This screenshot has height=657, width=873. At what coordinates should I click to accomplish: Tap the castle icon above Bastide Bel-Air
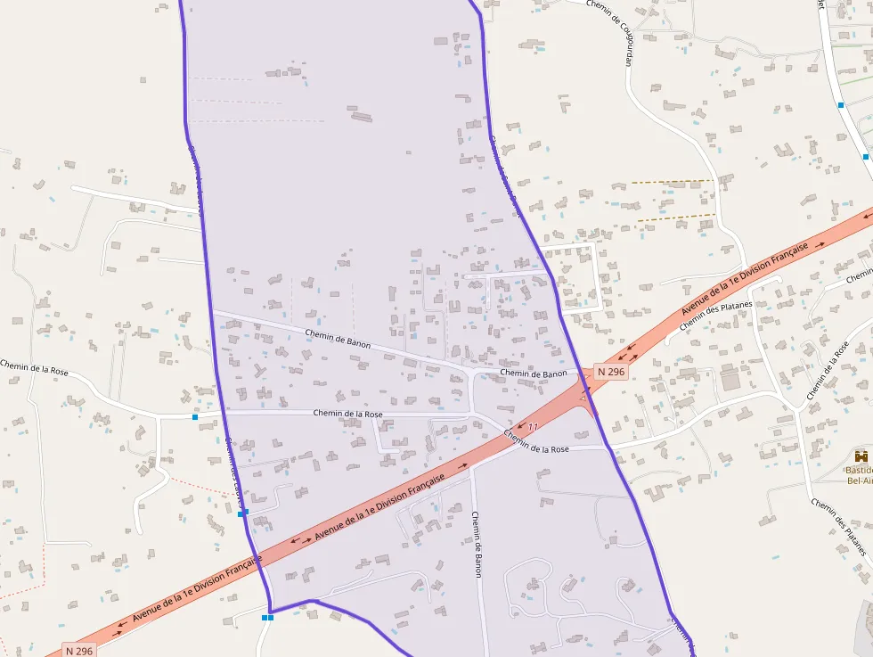[x=861, y=456]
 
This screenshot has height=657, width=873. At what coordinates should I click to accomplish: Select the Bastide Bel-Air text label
[x=860, y=474]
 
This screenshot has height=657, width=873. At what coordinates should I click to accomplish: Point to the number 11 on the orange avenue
[x=534, y=428]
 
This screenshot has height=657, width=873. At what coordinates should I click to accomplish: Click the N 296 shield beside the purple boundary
[x=612, y=371]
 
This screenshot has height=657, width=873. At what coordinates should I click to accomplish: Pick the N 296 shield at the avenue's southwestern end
[x=79, y=651]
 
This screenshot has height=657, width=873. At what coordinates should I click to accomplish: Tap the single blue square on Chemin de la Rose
[x=195, y=416]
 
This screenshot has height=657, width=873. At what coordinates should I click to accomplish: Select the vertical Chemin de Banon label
[x=477, y=544]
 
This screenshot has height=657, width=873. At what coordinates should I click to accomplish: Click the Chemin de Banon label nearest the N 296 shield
[x=534, y=374]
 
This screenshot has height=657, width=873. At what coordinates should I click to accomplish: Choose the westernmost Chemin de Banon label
[x=338, y=340]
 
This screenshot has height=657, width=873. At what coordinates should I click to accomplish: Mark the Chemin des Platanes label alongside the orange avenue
[x=716, y=316]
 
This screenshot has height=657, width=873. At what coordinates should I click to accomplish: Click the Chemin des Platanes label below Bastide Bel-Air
[x=838, y=527]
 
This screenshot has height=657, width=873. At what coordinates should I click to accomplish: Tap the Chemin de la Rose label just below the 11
[x=536, y=442]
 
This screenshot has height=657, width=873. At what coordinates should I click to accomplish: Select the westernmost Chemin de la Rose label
[x=35, y=368]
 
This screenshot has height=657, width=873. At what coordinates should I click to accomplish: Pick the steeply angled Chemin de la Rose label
[x=828, y=371]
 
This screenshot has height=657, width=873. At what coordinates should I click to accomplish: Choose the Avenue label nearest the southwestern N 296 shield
[x=198, y=589]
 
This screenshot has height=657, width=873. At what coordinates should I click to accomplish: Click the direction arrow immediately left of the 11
[x=518, y=426]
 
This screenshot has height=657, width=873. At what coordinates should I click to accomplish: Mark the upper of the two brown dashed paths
[x=673, y=182]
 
